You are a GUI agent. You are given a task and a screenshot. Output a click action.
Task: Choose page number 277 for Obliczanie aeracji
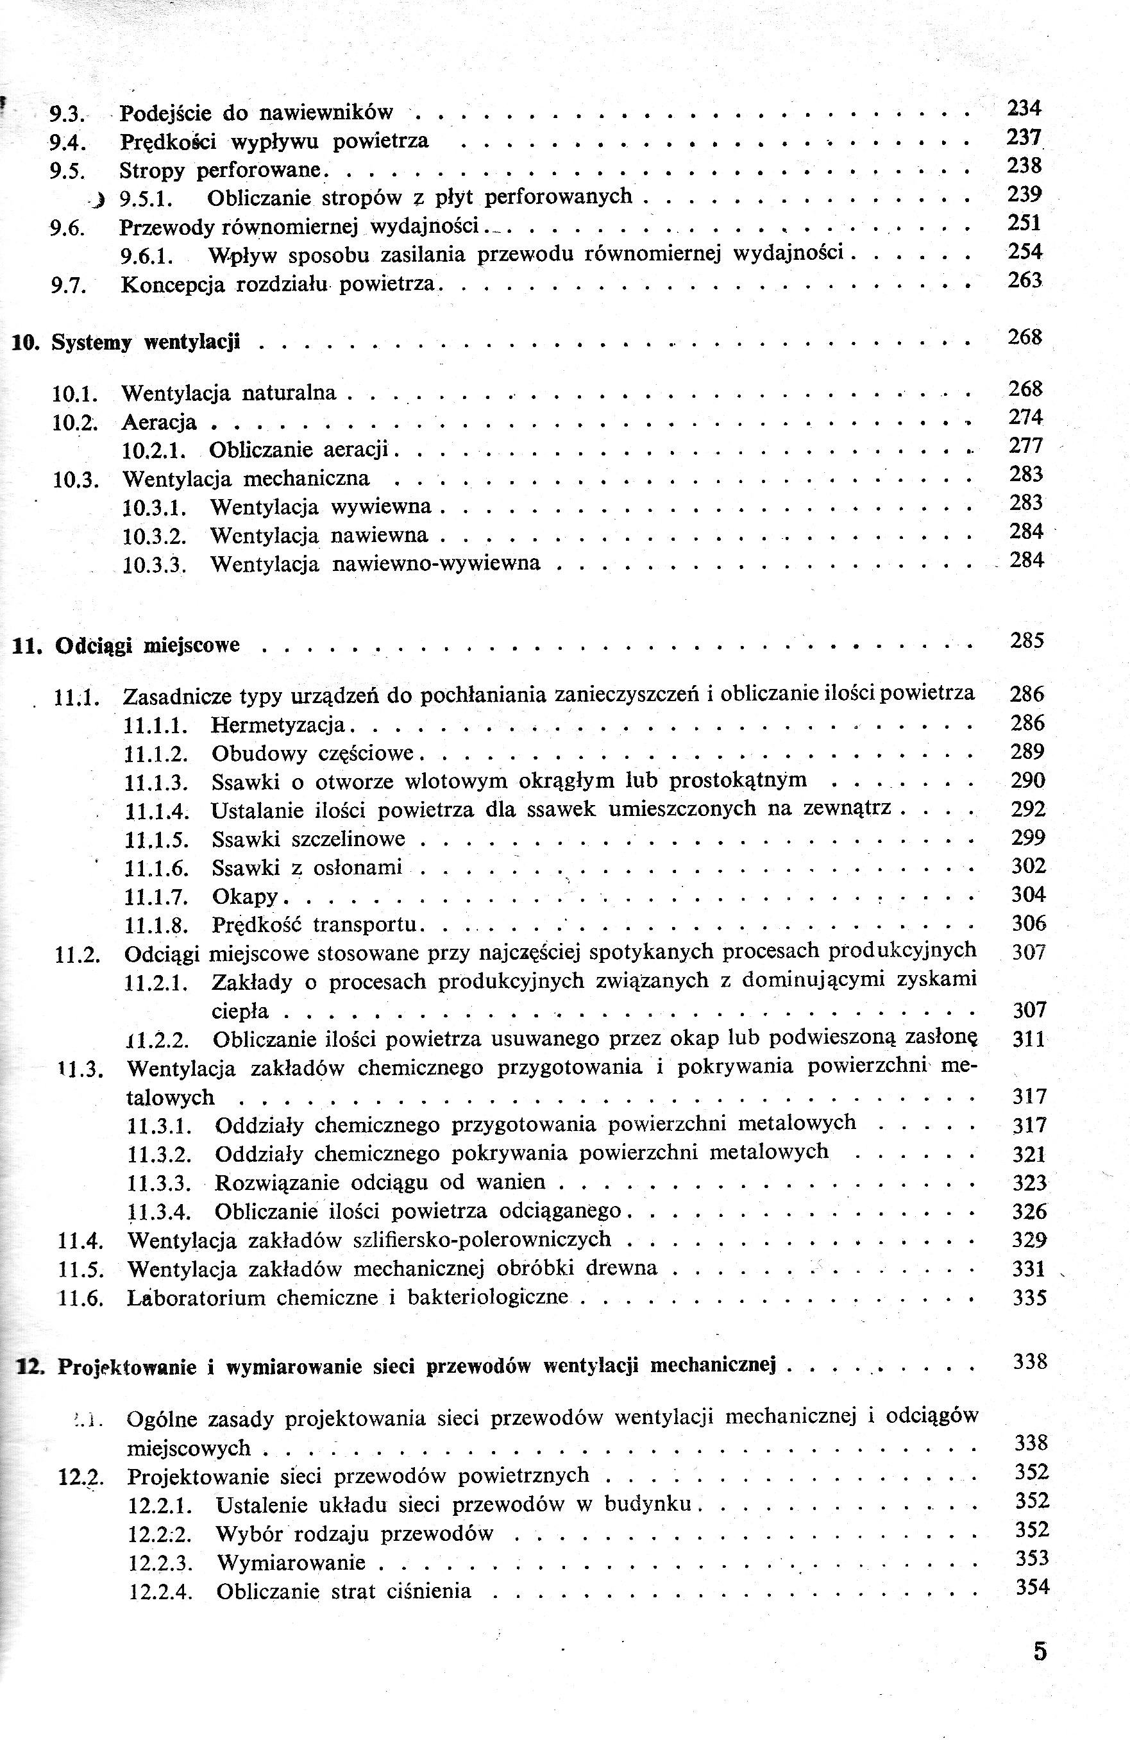coord(1025,445)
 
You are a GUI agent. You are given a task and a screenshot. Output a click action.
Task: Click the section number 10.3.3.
coord(155,565)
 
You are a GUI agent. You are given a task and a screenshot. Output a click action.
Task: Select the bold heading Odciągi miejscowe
coord(147,645)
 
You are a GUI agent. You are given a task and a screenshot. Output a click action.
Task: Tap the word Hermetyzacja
coord(278,725)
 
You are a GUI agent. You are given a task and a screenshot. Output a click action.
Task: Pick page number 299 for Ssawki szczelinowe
coord(1028,838)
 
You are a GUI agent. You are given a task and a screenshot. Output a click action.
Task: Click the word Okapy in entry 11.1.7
coord(245,896)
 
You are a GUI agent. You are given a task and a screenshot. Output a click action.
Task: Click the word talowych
coord(171,1098)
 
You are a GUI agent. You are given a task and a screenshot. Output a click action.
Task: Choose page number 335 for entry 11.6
coord(1030,1298)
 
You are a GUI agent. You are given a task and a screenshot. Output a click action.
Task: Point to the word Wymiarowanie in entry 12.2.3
coord(291,1563)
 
